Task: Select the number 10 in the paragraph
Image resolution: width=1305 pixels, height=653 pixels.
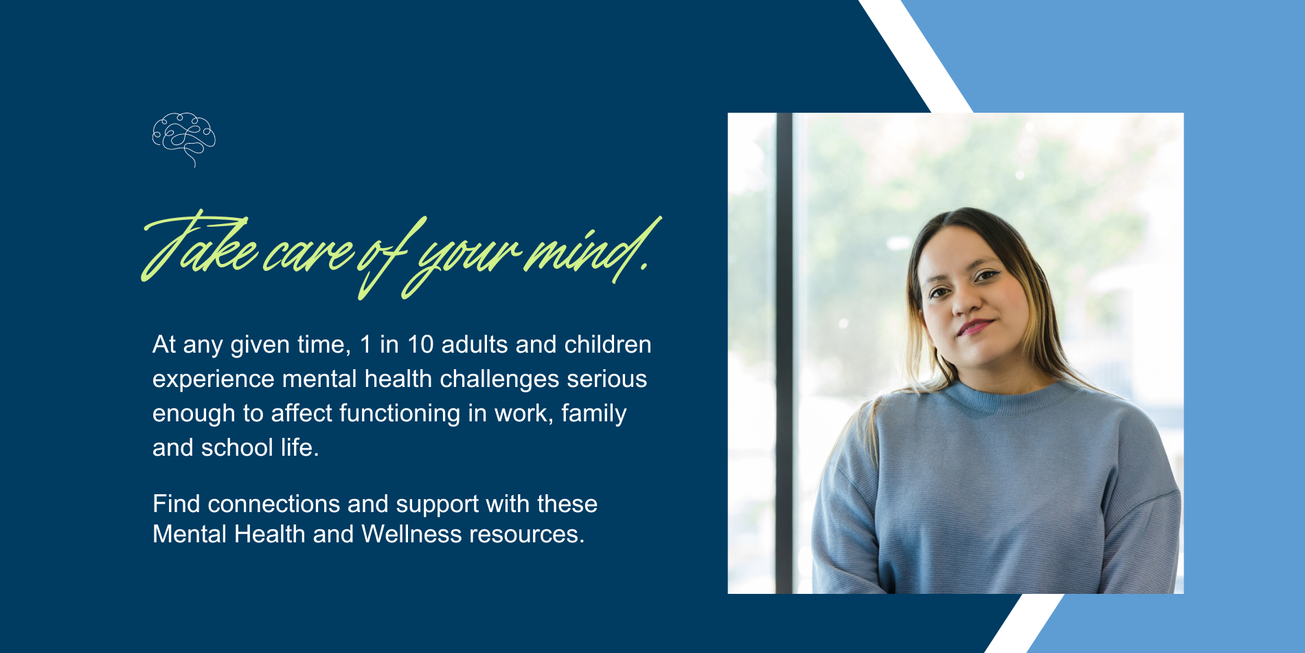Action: (x=420, y=344)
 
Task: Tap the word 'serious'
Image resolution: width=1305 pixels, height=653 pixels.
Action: (x=607, y=379)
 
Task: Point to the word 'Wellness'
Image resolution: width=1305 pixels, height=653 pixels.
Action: (x=411, y=534)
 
